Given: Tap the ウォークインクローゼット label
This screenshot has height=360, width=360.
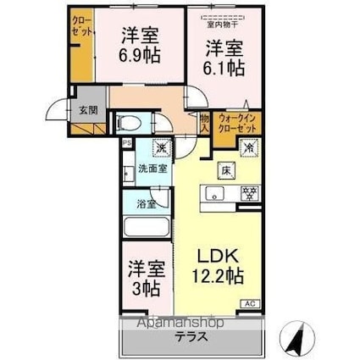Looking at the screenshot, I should pyautogui.click(x=239, y=125).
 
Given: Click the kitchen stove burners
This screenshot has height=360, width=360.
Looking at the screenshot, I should pyautogui.click(x=248, y=193).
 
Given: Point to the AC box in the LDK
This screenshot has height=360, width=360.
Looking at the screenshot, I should pyautogui.click(x=251, y=302).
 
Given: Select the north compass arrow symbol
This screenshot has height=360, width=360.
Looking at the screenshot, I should pyautogui.click(x=298, y=338).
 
